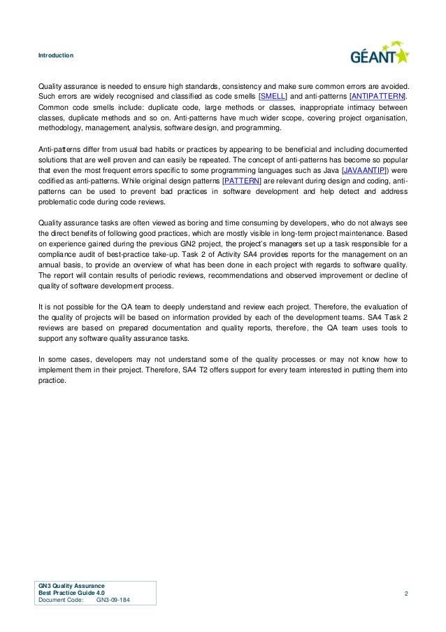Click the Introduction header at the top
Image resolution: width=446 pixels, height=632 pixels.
click(x=56, y=54)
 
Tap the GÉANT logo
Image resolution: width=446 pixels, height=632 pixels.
click(x=379, y=54)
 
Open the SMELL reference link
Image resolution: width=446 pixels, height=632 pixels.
click(x=273, y=96)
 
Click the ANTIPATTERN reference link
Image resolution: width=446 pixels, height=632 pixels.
click(x=379, y=96)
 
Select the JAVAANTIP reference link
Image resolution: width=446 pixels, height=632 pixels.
click(x=367, y=170)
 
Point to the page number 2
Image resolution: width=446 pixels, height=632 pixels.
click(x=406, y=594)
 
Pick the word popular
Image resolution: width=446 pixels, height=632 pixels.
click(x=393, y=160)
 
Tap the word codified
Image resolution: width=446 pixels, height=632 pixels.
click(x=52, y=181)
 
